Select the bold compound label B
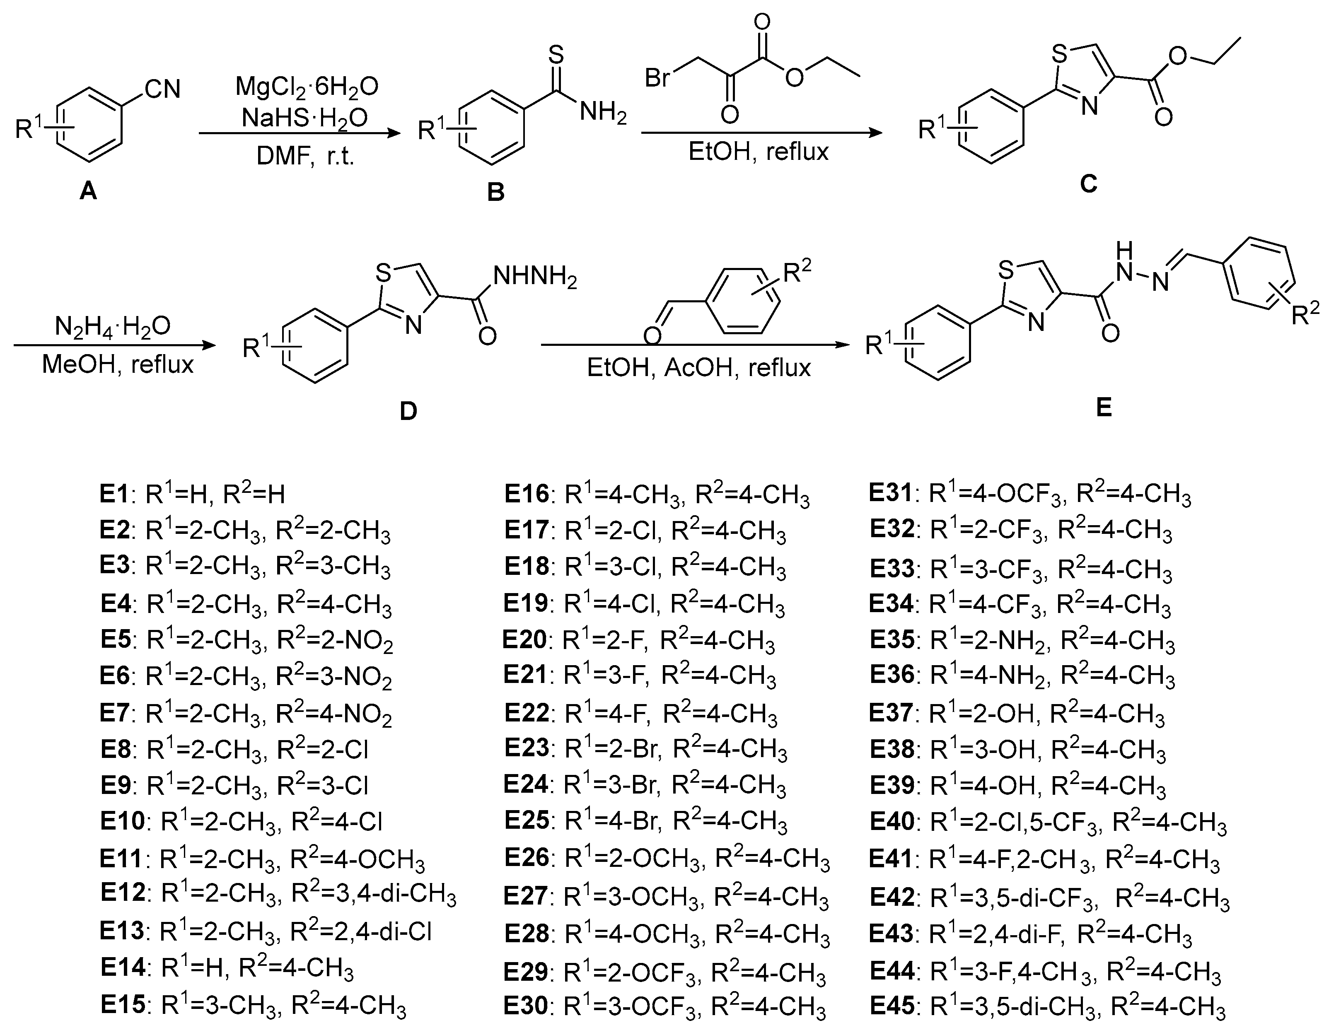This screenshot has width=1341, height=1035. [495, 192]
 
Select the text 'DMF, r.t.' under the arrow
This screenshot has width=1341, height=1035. [306, 157]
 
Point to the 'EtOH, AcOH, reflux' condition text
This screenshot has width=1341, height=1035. [699, 367]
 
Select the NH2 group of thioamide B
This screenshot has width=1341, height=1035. [602, 113]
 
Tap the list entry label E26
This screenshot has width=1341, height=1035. [526, 858]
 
